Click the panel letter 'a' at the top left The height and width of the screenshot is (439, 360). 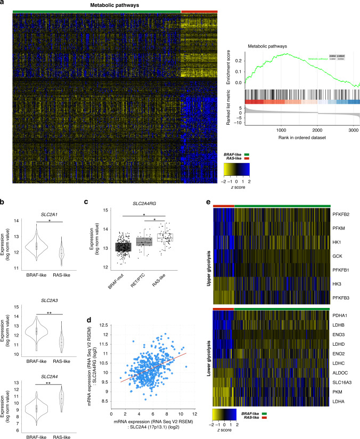point(4,3)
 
